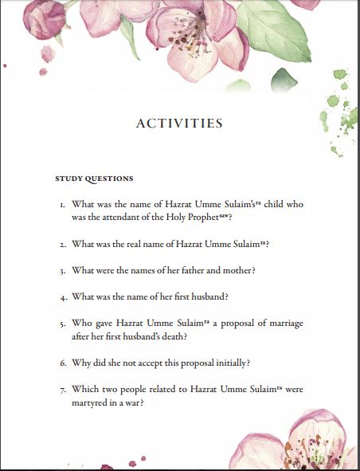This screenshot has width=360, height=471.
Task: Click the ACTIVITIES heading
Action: coord(179,124)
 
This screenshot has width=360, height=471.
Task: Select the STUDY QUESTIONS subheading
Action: coord(94,178)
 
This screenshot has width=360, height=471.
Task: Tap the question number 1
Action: coord(61,205)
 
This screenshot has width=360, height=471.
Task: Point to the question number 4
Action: coord(61,297)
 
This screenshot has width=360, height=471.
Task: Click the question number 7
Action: coord(61,390)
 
